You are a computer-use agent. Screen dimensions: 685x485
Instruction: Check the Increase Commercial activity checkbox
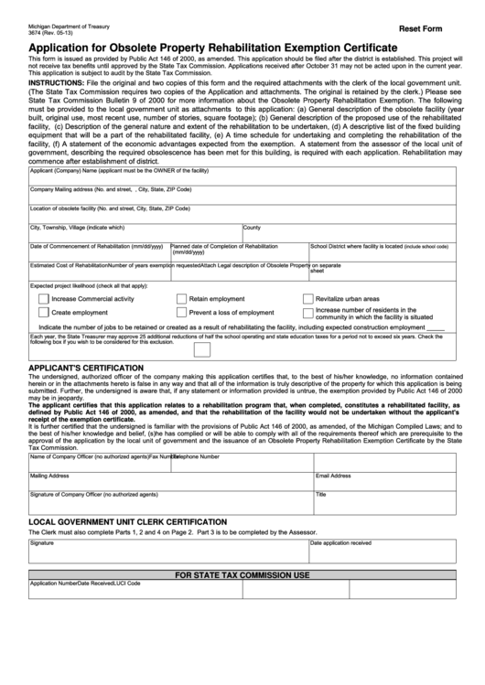44,299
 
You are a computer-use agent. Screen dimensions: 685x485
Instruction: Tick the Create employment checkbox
44,313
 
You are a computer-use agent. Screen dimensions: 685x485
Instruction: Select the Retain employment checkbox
181,299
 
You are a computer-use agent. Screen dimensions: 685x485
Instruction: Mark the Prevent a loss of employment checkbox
181,313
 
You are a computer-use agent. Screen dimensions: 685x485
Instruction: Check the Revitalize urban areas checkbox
307,299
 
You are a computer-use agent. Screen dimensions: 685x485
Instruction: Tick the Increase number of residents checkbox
307,313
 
